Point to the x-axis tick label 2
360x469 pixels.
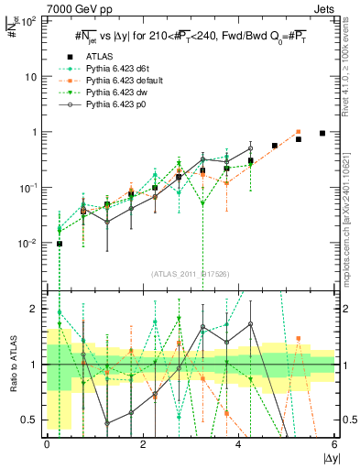tap(143, 444)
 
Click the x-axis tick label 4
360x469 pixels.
tap(239, 444)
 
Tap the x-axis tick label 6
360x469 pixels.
tap(335, 444)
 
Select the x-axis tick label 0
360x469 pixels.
tap(47, 444)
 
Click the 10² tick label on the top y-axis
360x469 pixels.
tap(28, 20)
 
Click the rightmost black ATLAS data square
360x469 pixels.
tap(322, 133)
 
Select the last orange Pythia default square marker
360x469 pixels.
tap(299, 132)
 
